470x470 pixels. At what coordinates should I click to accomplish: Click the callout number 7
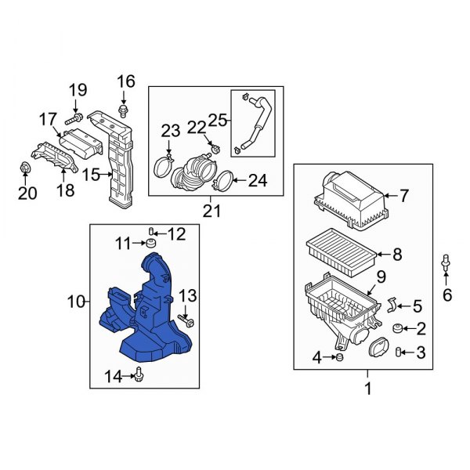click(x=404, y=195)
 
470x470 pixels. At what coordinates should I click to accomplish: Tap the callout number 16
click(x=126, y=81)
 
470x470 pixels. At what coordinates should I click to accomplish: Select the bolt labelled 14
click(x=139, y=377)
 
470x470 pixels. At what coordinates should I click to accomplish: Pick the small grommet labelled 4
click(x=339, y=358)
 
